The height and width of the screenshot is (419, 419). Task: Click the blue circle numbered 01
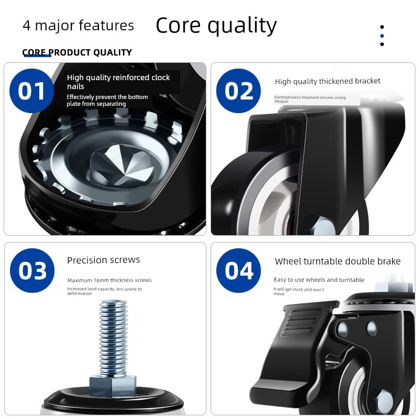pos(31,91)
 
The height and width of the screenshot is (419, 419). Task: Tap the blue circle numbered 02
pos(238,91)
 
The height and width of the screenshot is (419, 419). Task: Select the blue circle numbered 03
pos(32,270)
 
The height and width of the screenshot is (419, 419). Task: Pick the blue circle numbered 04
pos(239,270)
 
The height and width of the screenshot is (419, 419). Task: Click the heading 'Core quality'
pos(216,25)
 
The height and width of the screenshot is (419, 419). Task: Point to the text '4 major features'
pos(78,26)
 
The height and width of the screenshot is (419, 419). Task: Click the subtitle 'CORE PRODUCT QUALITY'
pos(77,52)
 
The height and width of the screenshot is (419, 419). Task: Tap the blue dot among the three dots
pos(382,36)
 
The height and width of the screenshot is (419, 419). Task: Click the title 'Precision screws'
pos(103,260)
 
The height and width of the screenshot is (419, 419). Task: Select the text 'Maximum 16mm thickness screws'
pos(109,280)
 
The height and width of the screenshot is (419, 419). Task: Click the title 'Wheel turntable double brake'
pos(337,261)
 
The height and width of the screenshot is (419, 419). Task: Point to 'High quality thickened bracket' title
pos(327,81)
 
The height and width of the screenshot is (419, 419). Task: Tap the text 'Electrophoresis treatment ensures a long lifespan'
pos(310,99)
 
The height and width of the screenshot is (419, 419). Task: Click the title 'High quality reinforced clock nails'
pos(118,82)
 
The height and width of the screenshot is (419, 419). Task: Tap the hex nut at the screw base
pos(113,385)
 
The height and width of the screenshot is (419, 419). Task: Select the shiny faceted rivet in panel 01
pos(122,166)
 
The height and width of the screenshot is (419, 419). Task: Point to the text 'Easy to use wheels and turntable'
pos(319,280)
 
